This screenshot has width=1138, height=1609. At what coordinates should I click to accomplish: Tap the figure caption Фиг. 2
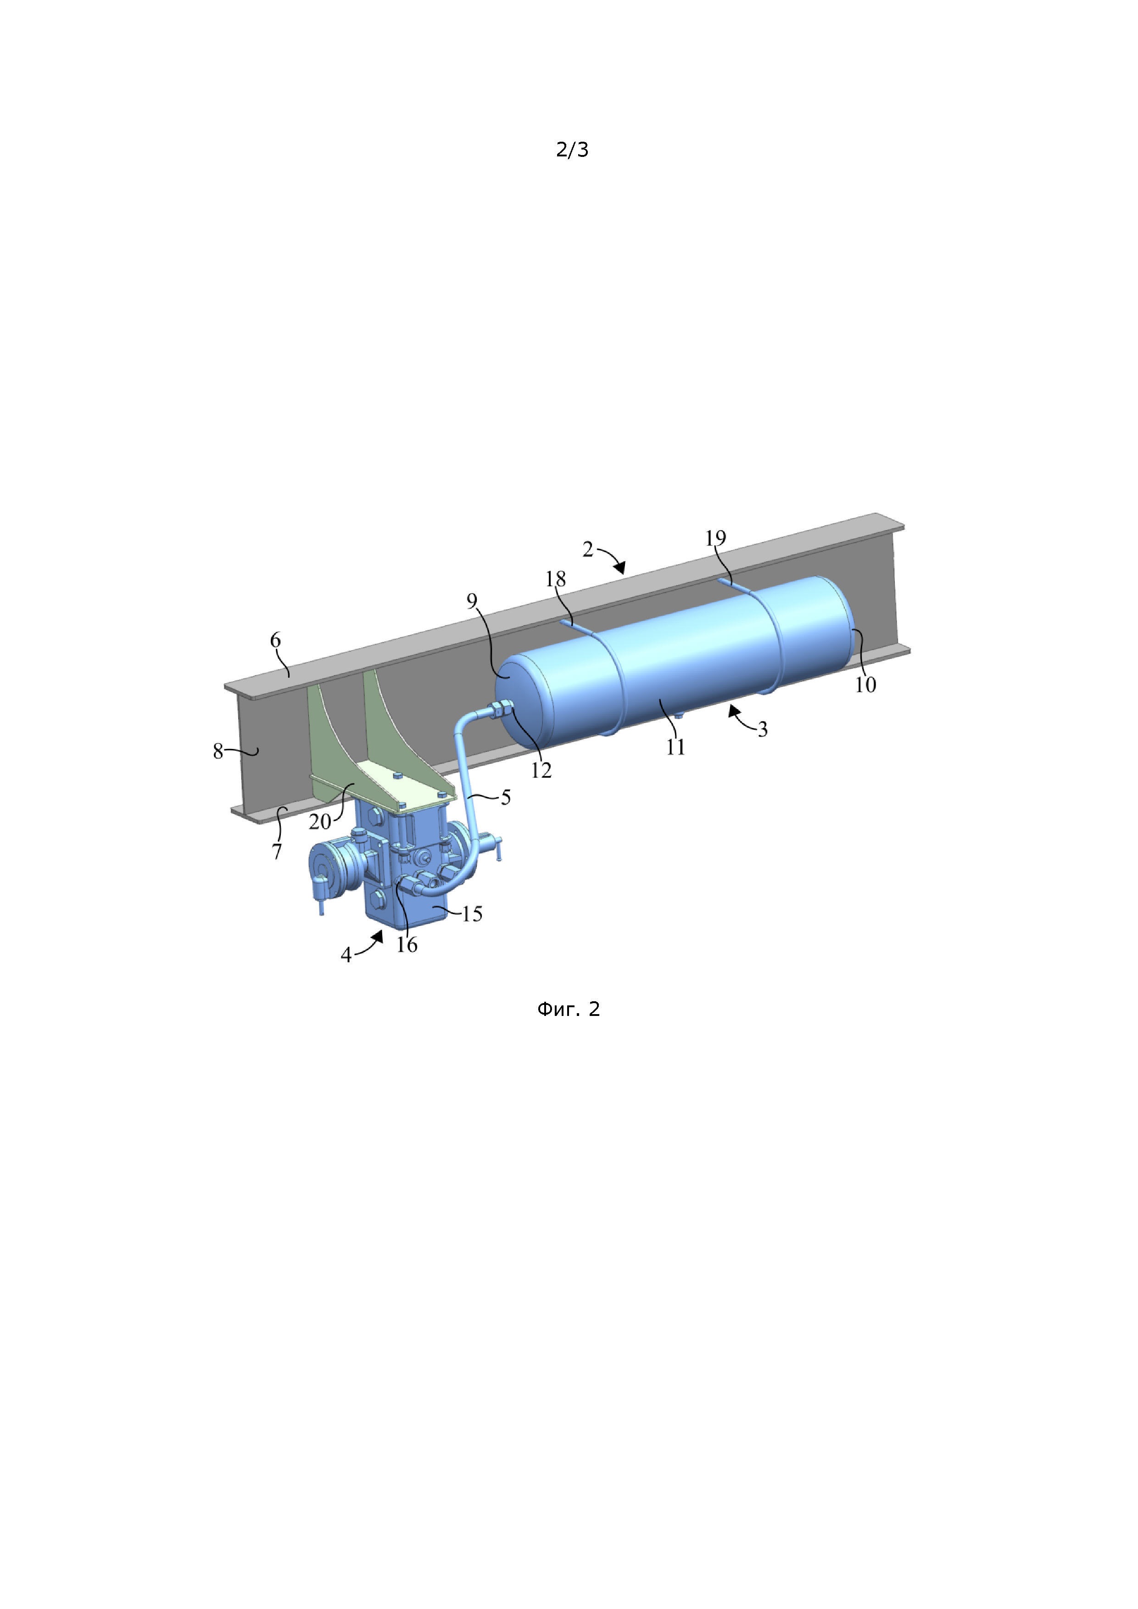(x=569, y=1009)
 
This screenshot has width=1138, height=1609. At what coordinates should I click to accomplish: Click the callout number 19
(x=715, y=538)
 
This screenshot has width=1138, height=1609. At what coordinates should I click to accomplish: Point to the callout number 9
(x=472, y=600)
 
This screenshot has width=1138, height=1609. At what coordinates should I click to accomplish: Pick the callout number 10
(x=865, y=685)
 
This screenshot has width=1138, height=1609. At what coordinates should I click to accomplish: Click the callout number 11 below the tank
(x=675, y=747)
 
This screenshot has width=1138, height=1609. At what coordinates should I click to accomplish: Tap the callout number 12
(x=541, y=770)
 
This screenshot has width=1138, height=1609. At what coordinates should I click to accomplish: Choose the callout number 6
(x=276, y=640)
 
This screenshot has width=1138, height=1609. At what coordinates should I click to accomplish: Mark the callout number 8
(x=218, y=751)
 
